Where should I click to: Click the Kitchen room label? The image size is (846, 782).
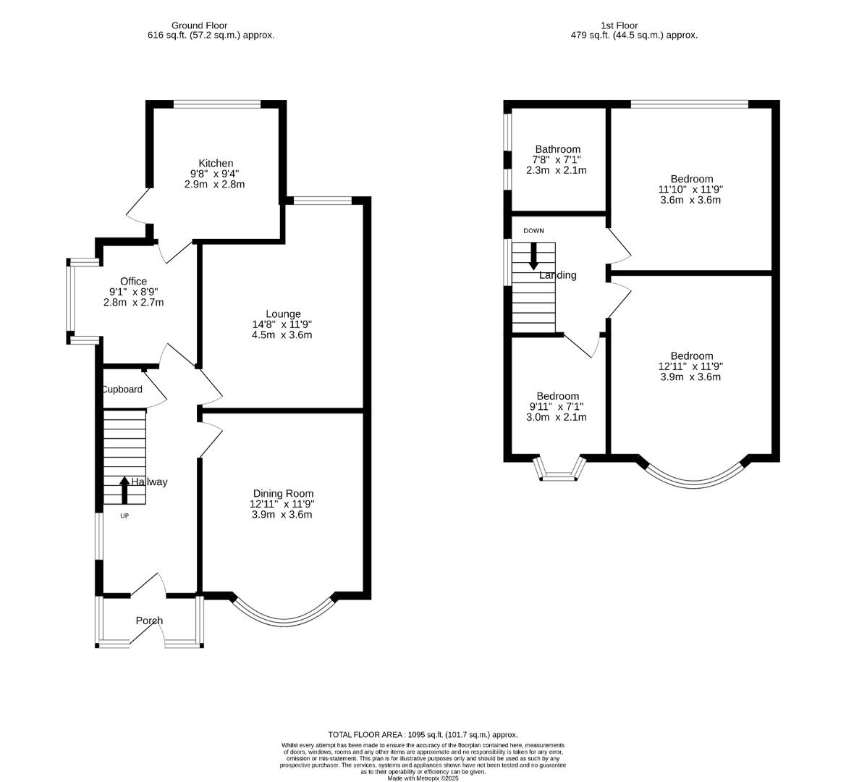(x=216, y=164)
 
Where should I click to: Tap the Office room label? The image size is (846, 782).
(x=133, y=281)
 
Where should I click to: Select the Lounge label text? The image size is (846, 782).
(x=283, y=314)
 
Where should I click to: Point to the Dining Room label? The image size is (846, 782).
(x=283, y=494)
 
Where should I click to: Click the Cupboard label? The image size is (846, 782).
(x=122, y=390)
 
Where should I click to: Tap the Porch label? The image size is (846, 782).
(x=150, y=621)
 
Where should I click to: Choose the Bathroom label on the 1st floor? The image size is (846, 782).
(x=558, y=149)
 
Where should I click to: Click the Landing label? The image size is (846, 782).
(x=558, y=275)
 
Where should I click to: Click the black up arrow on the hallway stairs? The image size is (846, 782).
(x=124, y=490)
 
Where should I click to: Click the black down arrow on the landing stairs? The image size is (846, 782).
(x=533, y=256)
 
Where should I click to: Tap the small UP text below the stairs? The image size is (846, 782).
(x=124, y=516)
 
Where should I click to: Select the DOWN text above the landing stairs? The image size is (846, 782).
(x=533, y=231)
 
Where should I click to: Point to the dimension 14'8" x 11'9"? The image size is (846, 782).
(x=282, y=324)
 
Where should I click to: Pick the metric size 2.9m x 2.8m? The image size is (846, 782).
(x=215, y=184)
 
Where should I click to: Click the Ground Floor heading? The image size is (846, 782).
(x=199, y=25)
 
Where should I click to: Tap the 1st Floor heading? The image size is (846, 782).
(x=619, y=25)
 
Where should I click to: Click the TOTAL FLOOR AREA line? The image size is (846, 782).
(x=423, y=734)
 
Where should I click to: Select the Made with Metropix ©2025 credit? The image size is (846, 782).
(x=423, y=779)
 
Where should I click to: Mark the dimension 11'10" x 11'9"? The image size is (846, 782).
(x=690, y=190)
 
